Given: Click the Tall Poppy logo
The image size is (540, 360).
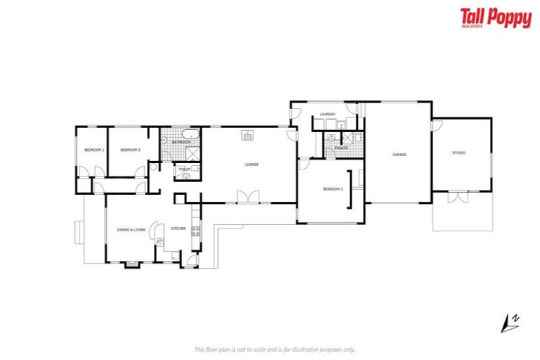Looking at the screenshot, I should (496, 18).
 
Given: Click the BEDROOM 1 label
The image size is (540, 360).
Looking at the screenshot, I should (94, 150).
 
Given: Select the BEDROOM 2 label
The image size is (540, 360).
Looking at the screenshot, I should (130, 150).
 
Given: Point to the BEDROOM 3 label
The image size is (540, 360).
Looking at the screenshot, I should (333, 188).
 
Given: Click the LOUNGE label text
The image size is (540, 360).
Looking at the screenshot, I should (252, 165).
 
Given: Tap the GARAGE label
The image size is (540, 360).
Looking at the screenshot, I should (399, 155).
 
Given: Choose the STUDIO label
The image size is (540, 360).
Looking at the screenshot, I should (459, 153).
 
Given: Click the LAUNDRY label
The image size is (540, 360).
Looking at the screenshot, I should (327, 114).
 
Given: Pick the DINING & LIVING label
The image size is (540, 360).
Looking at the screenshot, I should (131, 229).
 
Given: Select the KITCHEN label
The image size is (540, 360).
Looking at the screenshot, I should (177, 229).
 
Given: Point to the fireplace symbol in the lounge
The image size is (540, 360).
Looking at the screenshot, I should (247, 135).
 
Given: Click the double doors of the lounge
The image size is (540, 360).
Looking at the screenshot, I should (243, 197).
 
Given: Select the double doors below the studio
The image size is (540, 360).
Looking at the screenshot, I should (457, 197).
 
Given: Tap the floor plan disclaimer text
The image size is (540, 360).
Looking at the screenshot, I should (274, 349).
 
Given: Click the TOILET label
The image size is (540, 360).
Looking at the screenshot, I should (184, 169).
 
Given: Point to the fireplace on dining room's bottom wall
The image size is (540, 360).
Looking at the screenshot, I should (131, 264).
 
